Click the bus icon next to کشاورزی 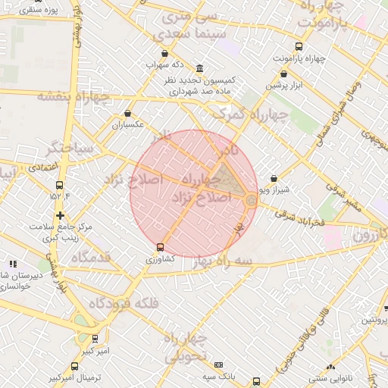[x=159, y=247]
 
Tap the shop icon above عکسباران [x=127, y=113]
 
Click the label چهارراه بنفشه [x=69, y=96]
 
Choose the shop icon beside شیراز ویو [x=274, y=180]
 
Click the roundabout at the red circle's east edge [x=251, y=199]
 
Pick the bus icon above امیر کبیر [x=95, y=339]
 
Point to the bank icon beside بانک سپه [x=219, y=365]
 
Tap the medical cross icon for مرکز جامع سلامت [x=60, y=216]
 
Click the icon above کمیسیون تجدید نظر [x=199, y=68]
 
